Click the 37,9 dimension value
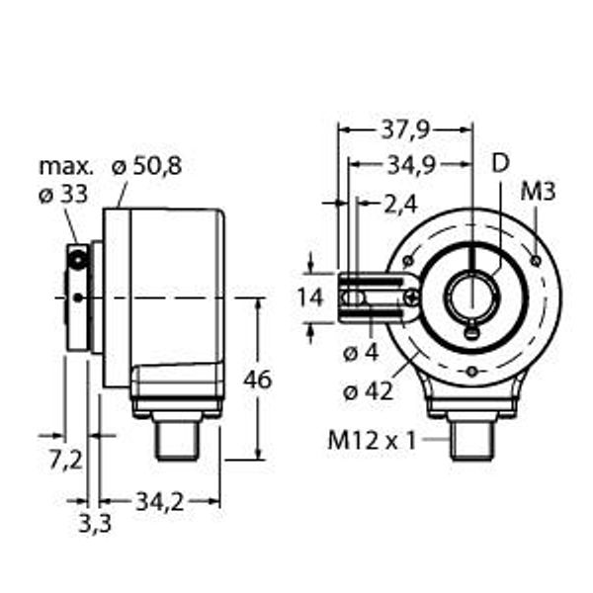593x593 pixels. point(403,129)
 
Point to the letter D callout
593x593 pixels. point(501,164)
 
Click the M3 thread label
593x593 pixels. point(538,192)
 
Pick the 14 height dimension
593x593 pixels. point(311,295)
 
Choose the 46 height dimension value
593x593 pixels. point(259,379)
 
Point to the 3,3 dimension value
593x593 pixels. point(95,523)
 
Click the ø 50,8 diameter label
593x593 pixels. point(146,167)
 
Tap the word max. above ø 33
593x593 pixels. point(66,165)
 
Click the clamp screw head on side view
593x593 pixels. point(77,260)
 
